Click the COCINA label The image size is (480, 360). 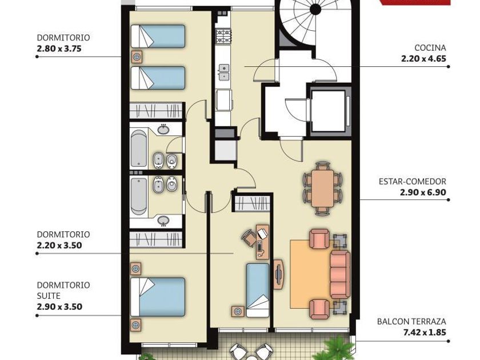(x=430, y=48)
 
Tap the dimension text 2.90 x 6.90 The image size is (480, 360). (x=423, y=192)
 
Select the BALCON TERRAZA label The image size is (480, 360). (x=411, y=321)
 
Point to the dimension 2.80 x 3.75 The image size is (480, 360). (x=59, y=49)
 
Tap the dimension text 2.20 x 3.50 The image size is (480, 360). (x=59, y=245)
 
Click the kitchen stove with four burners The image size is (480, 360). (x=224, y=36)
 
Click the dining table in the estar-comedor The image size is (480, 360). (x=322, y=189)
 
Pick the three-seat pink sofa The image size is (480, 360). (x=340, y=274)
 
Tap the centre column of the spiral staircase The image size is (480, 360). (x=315, y=9)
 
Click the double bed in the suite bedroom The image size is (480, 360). (x=158, y=297)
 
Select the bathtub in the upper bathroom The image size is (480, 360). (x=139, y=149)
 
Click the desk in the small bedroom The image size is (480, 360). (x=262, y=242)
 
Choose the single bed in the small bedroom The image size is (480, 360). (x=258, y=290)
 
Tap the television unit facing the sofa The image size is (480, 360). (x=278, y=274)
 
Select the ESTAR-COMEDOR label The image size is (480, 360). (x=413, y=181)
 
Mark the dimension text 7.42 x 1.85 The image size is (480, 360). (x=425, y=332)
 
